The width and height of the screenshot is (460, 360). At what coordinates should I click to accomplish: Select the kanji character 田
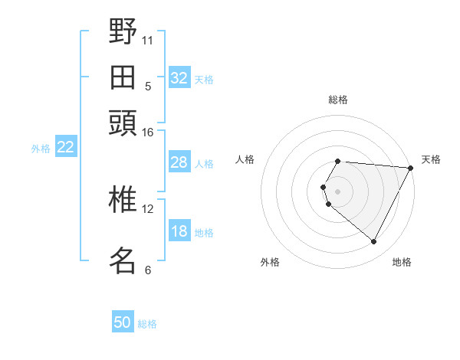[123, 77]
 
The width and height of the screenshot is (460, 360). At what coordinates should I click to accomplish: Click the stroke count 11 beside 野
[148, 40]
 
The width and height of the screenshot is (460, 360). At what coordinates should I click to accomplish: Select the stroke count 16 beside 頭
[148, 133]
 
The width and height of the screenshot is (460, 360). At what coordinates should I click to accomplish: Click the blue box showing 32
[179, 78]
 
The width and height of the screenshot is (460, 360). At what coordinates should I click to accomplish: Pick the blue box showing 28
[179, 162]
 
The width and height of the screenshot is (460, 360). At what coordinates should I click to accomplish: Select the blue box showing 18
[179, 232]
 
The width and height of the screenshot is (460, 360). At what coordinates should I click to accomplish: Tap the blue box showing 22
[65, 147]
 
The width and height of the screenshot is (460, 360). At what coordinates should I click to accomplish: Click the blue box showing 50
[123, 322]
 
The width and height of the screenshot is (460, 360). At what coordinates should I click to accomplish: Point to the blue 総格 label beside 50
[147, 324]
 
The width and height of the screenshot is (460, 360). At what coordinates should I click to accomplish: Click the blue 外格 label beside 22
[41, 149]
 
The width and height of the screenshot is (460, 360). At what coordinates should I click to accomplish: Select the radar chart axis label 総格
[338, 100]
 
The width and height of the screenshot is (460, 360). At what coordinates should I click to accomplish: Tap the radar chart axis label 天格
[431, 159]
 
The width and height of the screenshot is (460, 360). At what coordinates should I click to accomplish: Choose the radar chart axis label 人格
[245, 159]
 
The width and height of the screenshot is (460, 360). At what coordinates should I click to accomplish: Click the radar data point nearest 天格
[411, 168]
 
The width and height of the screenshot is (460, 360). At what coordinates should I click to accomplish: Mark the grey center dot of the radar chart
[338, 191]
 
